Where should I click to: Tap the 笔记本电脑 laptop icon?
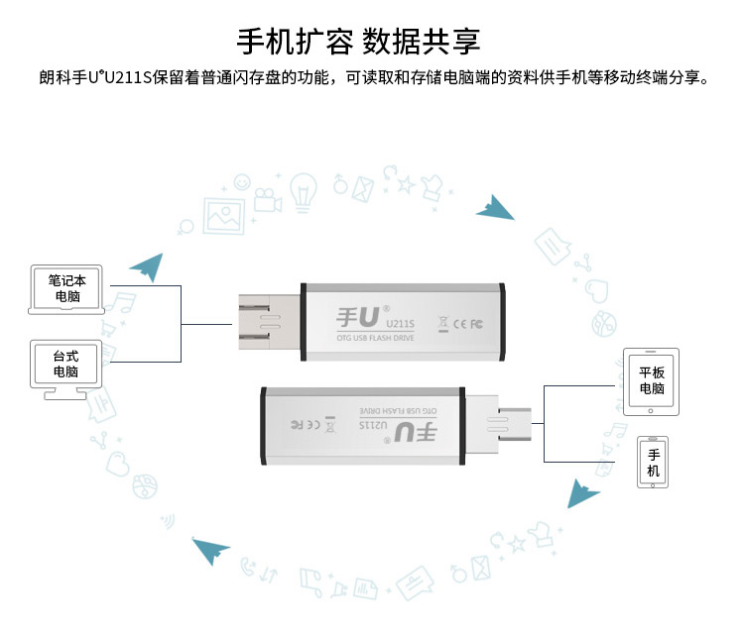[x=68, y=288]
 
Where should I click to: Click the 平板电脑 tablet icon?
[x=651, y=380]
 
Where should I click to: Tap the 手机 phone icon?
[x=652, y=463]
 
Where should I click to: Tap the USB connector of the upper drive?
[x=268, y=322]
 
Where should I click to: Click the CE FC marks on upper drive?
[x=467, y=323]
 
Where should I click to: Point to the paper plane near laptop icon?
[x=146, y=265]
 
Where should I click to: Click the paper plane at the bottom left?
[x=210, y=549]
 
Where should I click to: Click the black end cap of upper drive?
[x=502, y=321]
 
